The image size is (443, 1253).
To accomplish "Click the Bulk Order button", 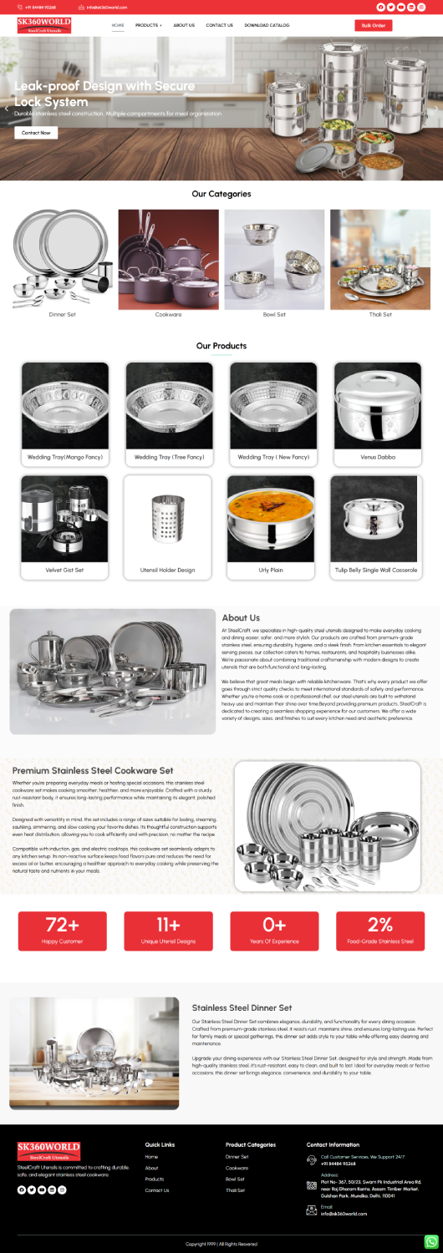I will click(x=373, y=25).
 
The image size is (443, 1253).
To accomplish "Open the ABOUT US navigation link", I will click(x=184, y=25).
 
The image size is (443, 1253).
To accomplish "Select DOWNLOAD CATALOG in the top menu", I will click(x=267, y=25).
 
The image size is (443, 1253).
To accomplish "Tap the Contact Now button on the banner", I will click(x=36, y=133).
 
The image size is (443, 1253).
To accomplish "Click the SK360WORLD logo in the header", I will click(x=44, y=25).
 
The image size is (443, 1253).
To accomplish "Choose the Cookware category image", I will click(x=169, y=259).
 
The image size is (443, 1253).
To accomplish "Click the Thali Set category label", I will click(x=380, y=315).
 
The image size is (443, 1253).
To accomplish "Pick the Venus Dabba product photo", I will click(x=378, y=405).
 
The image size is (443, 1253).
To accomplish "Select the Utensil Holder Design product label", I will click(x=167, y=570).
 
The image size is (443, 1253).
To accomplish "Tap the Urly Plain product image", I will click(x=271, y=519).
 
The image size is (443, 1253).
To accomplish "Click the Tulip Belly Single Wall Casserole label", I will click(x=375, y=570).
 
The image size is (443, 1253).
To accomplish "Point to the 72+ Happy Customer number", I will click(x=63, y=925).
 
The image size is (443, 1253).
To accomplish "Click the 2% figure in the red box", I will click(x=380, y=925).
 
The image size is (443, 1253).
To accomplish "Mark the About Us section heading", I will click(x=241, y=618).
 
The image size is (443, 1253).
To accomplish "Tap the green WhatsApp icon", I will click(x=431, y=1241).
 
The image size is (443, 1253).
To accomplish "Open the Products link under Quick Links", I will click(x=155, y=1179).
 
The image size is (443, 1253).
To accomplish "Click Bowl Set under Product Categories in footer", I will click(x=235, y=1179).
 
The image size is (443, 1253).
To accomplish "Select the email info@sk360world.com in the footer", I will click(x=344, y=1214).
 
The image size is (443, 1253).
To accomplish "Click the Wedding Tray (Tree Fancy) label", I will click(x=169, y=457).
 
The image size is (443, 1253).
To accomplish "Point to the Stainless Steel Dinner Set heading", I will click(x=242, y=1008).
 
